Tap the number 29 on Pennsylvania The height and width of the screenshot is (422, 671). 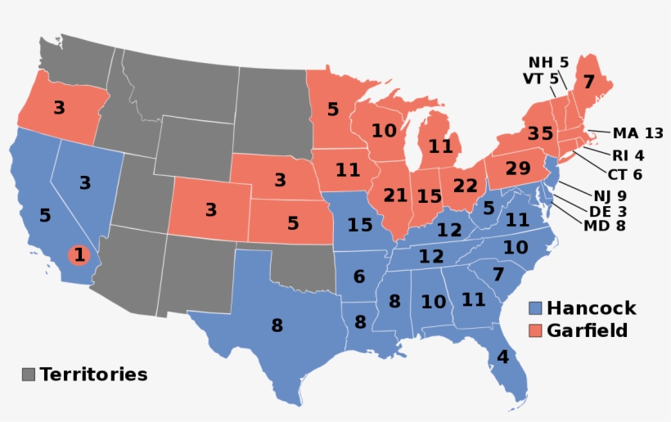(518, 168)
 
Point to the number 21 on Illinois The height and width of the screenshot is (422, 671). (395, 195)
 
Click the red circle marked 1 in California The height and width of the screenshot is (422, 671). (79, 255)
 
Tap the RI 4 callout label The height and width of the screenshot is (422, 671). (628, 155)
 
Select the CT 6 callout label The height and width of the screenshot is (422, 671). (625, 174)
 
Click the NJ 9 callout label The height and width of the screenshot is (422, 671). (610, 195)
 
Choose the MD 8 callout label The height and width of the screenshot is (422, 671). (603, 226)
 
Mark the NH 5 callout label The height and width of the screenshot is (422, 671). (548, 62)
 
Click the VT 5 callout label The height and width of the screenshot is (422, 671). (540, 79)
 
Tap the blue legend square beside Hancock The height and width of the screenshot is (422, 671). (535, 308)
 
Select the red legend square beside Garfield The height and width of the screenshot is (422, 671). (535, 330)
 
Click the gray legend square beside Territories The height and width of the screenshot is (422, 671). (29, 375)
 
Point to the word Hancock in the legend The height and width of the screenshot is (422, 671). (591, 308)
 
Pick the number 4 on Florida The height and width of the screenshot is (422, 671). (502, 357)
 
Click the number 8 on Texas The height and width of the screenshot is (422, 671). (277, 325)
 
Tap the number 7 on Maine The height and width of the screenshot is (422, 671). (588, 82)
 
